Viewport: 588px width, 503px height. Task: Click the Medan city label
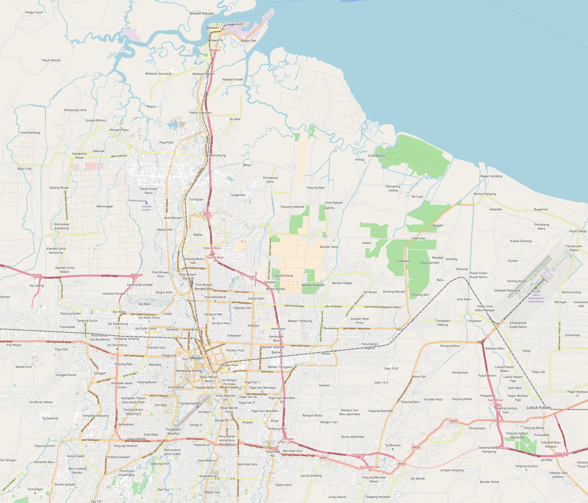(x=196, y=358)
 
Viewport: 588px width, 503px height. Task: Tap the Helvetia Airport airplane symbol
(x=147, y=203)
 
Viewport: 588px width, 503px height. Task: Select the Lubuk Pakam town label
(x=539, y=407)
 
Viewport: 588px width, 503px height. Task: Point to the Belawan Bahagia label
(x=202, y=13)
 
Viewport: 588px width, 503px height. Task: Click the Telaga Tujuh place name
(x=33, y=12)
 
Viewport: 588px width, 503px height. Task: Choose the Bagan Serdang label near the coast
(x=491, y=176)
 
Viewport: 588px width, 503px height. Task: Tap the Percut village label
(x=360, y=159)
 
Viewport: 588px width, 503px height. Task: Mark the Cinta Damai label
(x=376, y=156)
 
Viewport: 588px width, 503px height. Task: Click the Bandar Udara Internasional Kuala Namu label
(x=536, y=296)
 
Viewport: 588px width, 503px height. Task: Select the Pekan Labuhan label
(x=200, y=112)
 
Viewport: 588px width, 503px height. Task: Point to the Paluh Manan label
(x=51, y=60)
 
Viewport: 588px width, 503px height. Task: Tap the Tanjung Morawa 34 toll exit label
(x=369, y=468)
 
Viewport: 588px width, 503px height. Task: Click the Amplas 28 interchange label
(x=289, y=440)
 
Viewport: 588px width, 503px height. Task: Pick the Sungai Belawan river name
(x=140, y=44)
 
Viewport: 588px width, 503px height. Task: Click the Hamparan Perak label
(x=79, y=156)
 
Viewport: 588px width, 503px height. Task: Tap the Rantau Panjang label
(x=484, y=194)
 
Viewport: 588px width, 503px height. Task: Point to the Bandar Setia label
(x=329, y=247)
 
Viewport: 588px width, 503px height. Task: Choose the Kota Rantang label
(x=31, y=133)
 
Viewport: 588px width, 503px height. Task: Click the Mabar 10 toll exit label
(x=207, y=214)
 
